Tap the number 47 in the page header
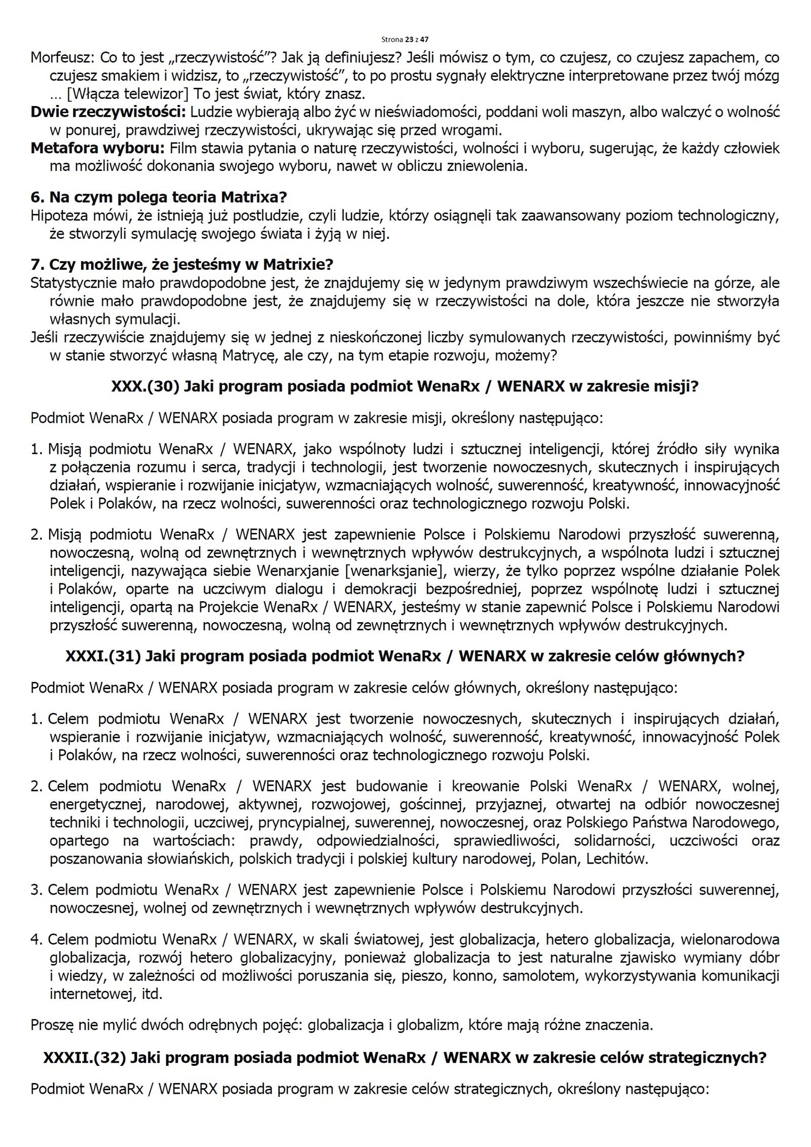425,39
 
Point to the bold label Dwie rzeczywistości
108,112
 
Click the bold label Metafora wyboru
98,149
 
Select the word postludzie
268,216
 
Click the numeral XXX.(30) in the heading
145,386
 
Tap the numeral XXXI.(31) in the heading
103,656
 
